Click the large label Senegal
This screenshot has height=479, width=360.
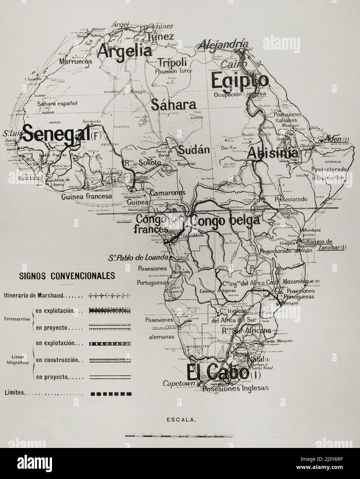pos(57,132)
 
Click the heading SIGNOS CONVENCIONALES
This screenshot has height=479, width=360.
pos(67,276)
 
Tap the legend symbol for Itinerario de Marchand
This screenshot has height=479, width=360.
pos(110,295)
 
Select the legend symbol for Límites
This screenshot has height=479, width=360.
pos(110,393)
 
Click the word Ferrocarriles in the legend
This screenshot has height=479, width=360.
pos(17,319)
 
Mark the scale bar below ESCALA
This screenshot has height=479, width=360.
pos(180,436)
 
